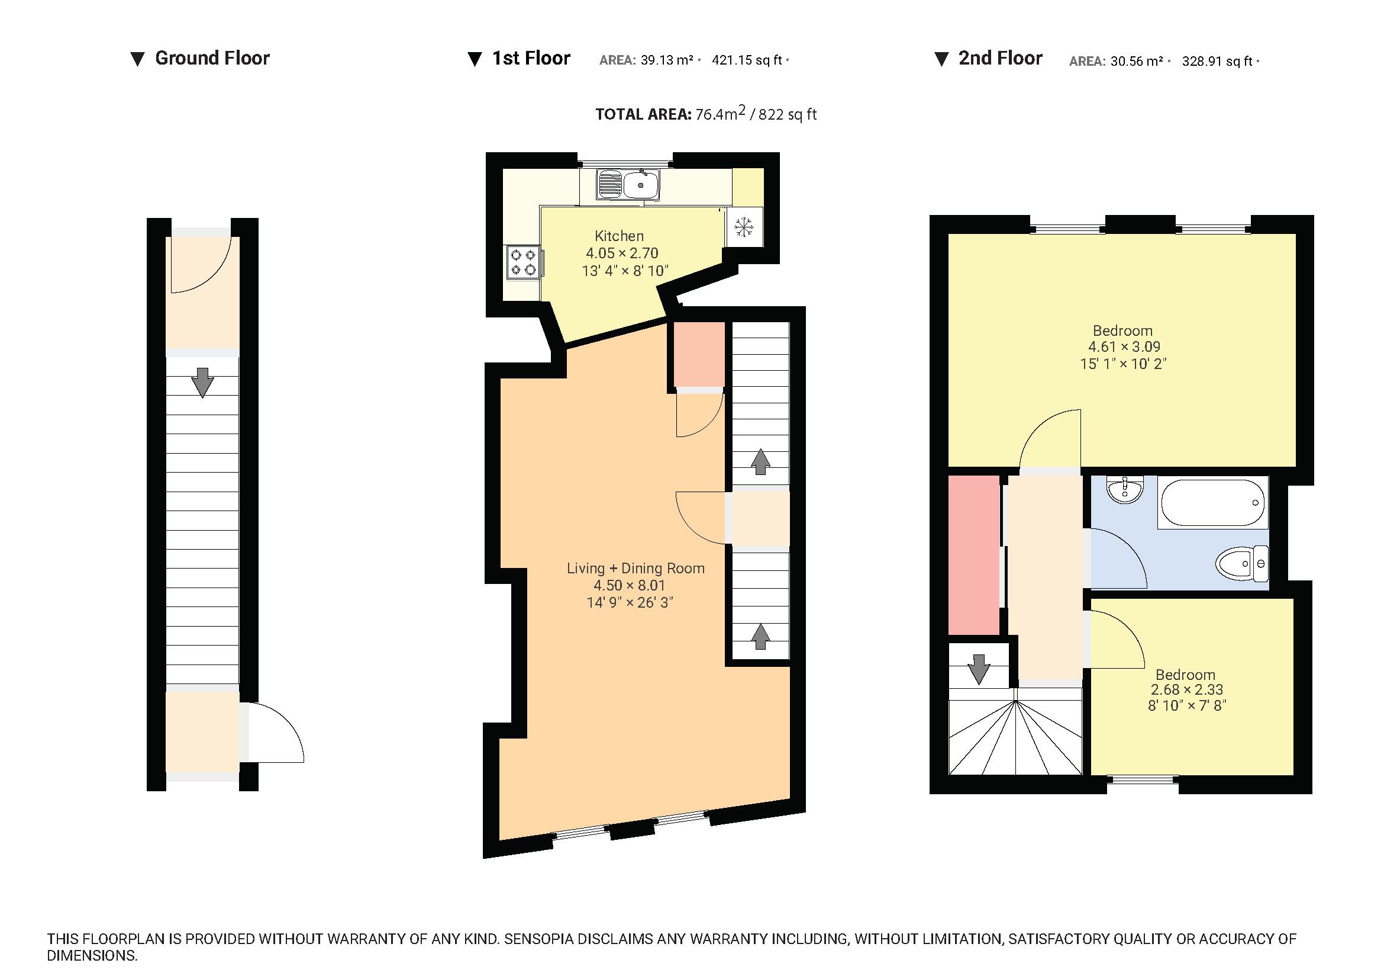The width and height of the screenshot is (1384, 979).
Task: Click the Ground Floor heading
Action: [x=212, y=58]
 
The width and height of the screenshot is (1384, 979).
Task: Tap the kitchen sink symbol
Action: [x=627, y=184]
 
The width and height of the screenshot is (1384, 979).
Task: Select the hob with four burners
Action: [x=523, y=262]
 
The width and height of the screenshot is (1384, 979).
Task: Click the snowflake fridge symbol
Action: [x=744, y=227]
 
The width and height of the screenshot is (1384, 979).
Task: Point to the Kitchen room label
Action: [x=619, y=236]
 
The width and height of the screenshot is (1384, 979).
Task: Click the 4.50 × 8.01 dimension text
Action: [x=630, y=585]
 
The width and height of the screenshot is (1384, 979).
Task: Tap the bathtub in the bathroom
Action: [x=1212, y=502]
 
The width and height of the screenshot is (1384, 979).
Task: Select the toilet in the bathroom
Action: [x=1241, y=564]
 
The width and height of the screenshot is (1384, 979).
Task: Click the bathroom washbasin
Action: [x=1125, y=489]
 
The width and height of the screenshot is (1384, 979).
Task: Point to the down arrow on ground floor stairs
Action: [x=202, y=383]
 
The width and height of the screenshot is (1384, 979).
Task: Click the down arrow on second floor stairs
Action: [x=978, y=669]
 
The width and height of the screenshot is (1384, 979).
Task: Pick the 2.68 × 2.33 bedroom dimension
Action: [x=1186, y=689]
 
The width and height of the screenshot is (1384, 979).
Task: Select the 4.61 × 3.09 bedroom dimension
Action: [x=1124, y=347]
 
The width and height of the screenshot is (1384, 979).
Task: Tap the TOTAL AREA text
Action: [x=643, y=115]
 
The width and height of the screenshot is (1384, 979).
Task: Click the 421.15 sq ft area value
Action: [x=747, y=60]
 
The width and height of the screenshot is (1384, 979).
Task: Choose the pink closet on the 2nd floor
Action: [x=973, y=555]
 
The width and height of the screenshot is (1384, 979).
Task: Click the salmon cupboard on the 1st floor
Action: [x=699, y=354]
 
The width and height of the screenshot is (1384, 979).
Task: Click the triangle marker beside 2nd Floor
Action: [x=941, y=59]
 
